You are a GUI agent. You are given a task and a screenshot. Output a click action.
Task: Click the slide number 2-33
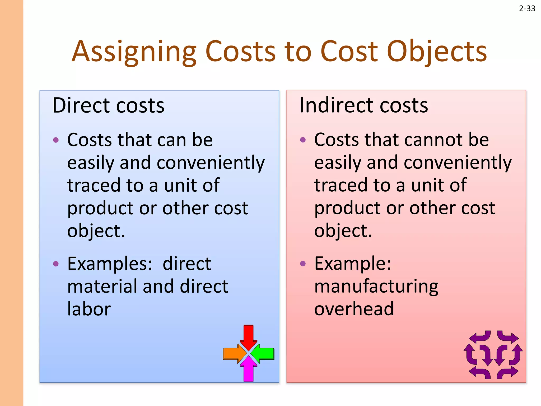click(527, 9)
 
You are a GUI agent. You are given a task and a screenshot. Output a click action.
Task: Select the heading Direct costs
click(108, 105)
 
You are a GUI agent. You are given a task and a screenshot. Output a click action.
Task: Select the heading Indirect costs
click(363, 105)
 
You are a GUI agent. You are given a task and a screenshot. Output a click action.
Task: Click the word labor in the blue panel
click(89, 309)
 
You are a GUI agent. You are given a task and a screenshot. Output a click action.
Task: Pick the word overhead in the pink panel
click(354, 309)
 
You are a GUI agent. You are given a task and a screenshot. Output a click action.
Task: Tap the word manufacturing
click(376, 287)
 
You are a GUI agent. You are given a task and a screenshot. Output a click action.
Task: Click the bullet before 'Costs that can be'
click(56, 140)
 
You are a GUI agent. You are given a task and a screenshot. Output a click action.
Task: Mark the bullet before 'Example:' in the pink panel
click(303, 264)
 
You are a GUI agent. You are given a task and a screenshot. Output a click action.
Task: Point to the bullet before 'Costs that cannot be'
click(303, 140)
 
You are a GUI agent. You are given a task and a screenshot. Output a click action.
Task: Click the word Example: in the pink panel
click(353, 264)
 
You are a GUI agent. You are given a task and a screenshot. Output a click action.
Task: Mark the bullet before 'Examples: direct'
click(56, 264)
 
